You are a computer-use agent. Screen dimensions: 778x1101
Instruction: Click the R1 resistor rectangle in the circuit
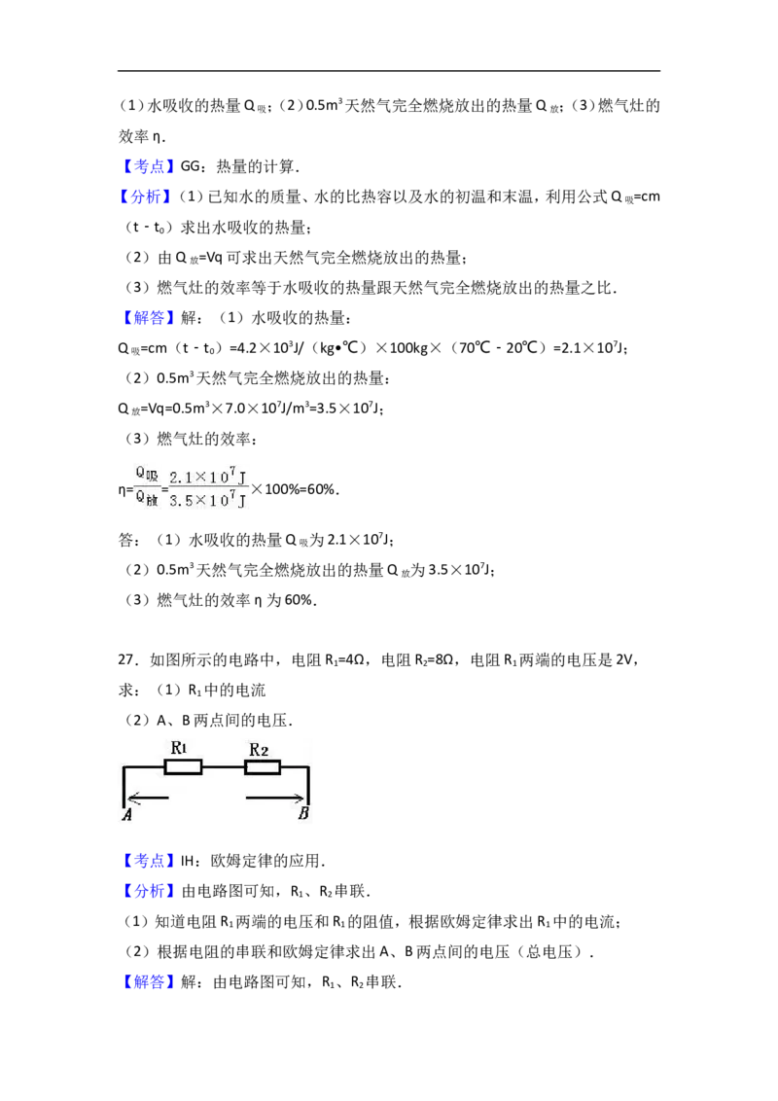(183, 766)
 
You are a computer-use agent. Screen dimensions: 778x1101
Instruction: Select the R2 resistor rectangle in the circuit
(263, 767)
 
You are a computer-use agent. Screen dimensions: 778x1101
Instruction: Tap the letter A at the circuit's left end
(127, 814)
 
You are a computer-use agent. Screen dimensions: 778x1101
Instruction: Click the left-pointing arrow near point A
(148, 797)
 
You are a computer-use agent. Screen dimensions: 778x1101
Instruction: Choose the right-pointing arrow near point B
(275, 797)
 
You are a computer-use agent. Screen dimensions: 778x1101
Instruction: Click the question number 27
(126, 660)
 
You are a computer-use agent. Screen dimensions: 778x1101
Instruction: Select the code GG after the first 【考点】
(190, 166)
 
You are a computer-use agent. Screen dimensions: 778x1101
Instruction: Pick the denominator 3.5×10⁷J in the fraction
(208, 500)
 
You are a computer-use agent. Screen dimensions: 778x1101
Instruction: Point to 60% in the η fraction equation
(321, 488)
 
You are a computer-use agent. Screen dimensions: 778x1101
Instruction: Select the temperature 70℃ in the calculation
(475, 347)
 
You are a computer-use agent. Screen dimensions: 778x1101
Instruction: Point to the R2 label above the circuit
(259, 750)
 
